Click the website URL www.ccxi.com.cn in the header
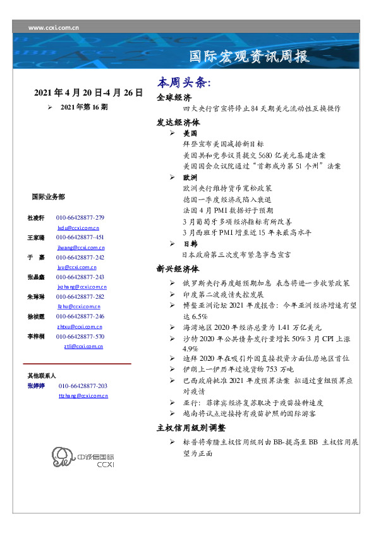click(x=54, y=28)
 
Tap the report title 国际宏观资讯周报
click(x=250, y=57)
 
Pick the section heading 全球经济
click(x=174, y=98)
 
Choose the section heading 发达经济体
click(x=178, y=122)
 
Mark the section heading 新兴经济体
click(x=178, y=268)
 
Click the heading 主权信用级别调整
click(x=190, y=428)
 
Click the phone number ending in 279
click(x=80, y=218)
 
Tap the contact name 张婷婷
click(x=37, y=386)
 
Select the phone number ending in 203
click(x=83, y=386)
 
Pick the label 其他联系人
click(x=42, y=375)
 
